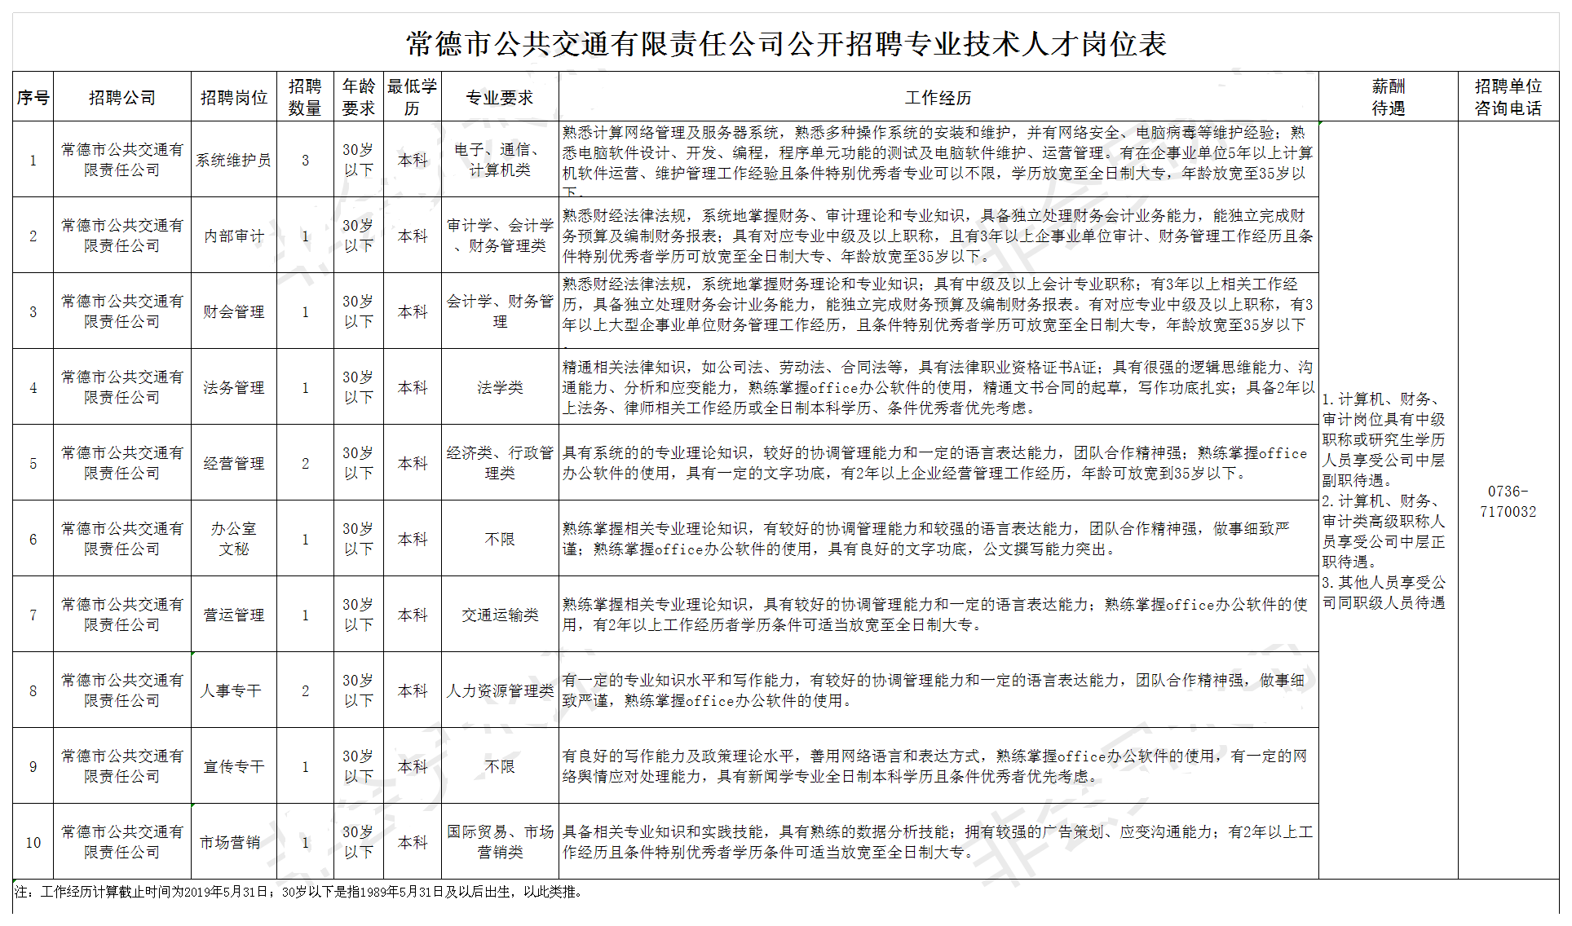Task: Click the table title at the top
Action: click(786, 44)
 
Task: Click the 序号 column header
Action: click(33, 98)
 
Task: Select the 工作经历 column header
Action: click(938, 98)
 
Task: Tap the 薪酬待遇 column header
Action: click(1388, 98)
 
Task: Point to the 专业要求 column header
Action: click(499, 98)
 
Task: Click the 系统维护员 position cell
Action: click(233, 161)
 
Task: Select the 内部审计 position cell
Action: click(233, 236)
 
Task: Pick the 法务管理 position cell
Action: click(233, 388)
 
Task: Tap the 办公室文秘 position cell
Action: click(233, 539)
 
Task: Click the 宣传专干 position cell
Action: click(233, 766)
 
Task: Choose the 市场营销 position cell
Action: click(230, 842)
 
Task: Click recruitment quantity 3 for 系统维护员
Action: click(305, 161)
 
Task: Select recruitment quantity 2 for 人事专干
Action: click(305, 691)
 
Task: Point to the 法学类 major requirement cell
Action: click(499, 388)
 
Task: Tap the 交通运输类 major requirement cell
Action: click(499, 615)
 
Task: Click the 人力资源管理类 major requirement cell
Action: click(499, 691)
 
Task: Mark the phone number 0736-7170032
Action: click(1508, 501)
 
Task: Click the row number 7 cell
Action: click(33, 615)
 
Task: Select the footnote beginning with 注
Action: click(298, 892)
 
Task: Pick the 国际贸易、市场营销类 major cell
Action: click(499, 842)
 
